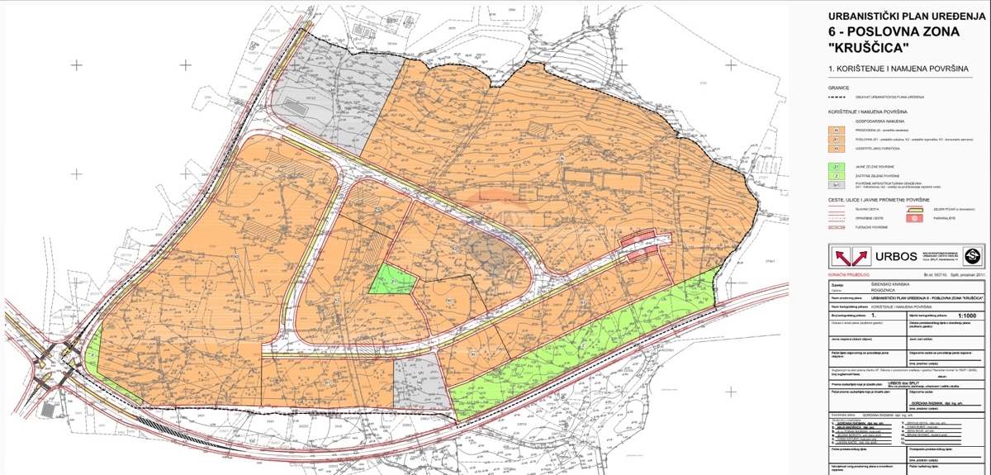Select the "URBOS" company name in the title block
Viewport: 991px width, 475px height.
888,256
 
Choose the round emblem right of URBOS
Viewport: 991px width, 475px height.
973,255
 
